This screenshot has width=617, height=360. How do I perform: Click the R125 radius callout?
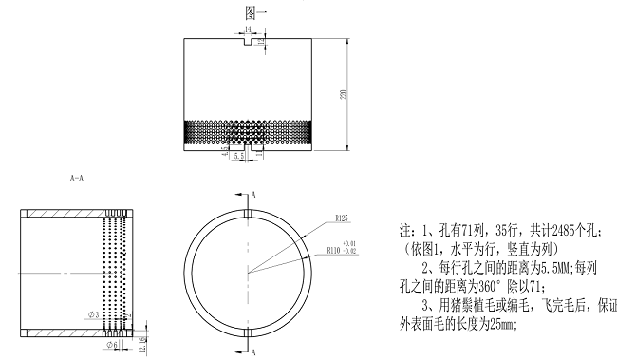[x=343, y=219]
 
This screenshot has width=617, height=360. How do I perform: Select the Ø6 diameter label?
[x=112, y=345]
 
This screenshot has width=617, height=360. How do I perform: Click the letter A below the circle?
[x=255, y=351]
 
